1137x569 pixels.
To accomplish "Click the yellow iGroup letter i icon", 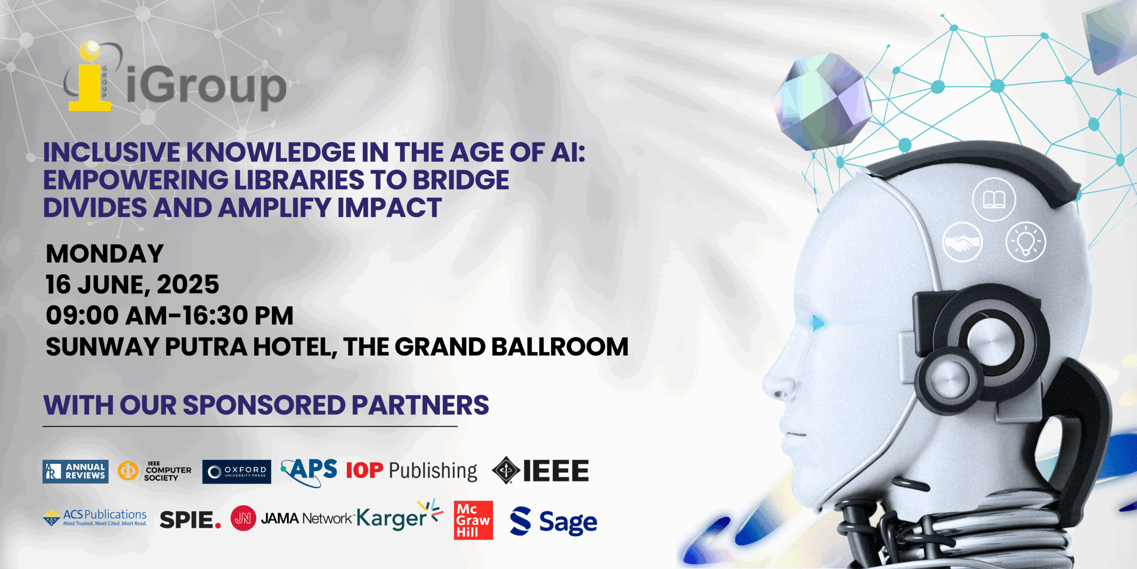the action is [x=90, y=76].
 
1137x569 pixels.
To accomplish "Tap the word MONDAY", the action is [x=105, y=254].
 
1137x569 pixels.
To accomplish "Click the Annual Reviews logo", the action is [x=76, y=471].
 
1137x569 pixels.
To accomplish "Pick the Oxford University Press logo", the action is [x=237, y=472].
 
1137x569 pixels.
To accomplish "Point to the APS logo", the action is [x=310, y=472].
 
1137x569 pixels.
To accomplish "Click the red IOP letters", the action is [x=364, y=471].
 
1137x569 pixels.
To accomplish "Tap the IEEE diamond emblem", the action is [x=506, y=470].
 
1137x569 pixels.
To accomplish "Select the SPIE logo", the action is [x=190, y=520].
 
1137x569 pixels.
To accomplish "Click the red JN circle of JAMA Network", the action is [x=243, y=518].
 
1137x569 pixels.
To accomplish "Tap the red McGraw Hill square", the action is [x=473, y=521].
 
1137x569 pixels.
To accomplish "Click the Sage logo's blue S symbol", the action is [x=521, y=521].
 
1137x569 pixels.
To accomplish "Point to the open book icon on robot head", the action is [x=994, y=199].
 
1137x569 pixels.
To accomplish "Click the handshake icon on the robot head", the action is [x=962, y=242].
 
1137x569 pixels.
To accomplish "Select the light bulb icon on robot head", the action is [x=1026, y=242].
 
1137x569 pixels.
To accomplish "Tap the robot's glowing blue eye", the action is [x=818, y=322].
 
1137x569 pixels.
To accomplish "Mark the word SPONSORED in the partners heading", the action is [x=264, y=405].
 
